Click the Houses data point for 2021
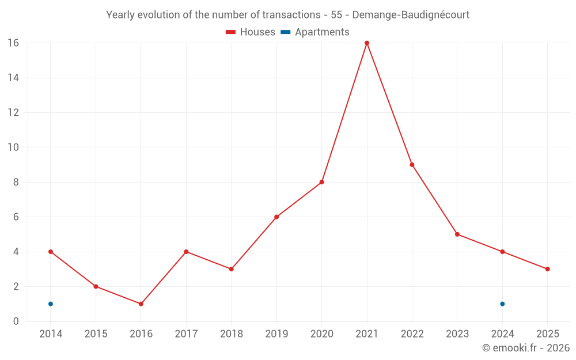[367, 43]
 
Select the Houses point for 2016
[141, 304]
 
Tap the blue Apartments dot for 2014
[51, 304]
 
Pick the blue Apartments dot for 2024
[502, 304]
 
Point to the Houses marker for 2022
[412, 165]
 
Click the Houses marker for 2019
[276, 217]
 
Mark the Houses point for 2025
[547, 269]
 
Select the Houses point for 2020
[321, 182]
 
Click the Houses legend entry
[251, 32]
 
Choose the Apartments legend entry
[315, 32]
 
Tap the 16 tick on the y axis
[13, 43]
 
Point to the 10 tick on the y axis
[13, 147]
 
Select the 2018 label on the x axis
[231, 334]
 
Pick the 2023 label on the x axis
[457, 334]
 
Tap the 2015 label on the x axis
[96, 334]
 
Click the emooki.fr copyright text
[526, 348]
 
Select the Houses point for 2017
[186, 252]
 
